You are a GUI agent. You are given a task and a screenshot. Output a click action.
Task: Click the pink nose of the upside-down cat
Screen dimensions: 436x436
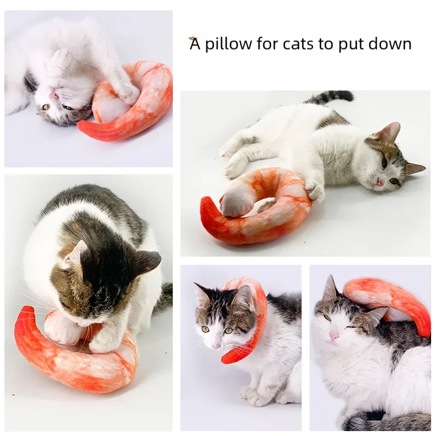[x=53, y=94]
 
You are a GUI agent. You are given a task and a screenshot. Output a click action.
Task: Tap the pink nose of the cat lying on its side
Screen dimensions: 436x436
[x=380, y=182]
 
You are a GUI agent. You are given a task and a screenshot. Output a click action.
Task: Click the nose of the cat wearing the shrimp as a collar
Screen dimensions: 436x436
[x=215, y=346]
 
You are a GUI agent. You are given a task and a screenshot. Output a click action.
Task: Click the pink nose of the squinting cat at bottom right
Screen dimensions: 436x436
[x=334, y=336]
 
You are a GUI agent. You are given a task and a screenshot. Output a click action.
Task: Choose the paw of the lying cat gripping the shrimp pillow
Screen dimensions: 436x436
[x=314, y=190]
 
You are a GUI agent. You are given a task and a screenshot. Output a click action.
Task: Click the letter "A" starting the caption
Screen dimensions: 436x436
[x=195, y=44]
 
